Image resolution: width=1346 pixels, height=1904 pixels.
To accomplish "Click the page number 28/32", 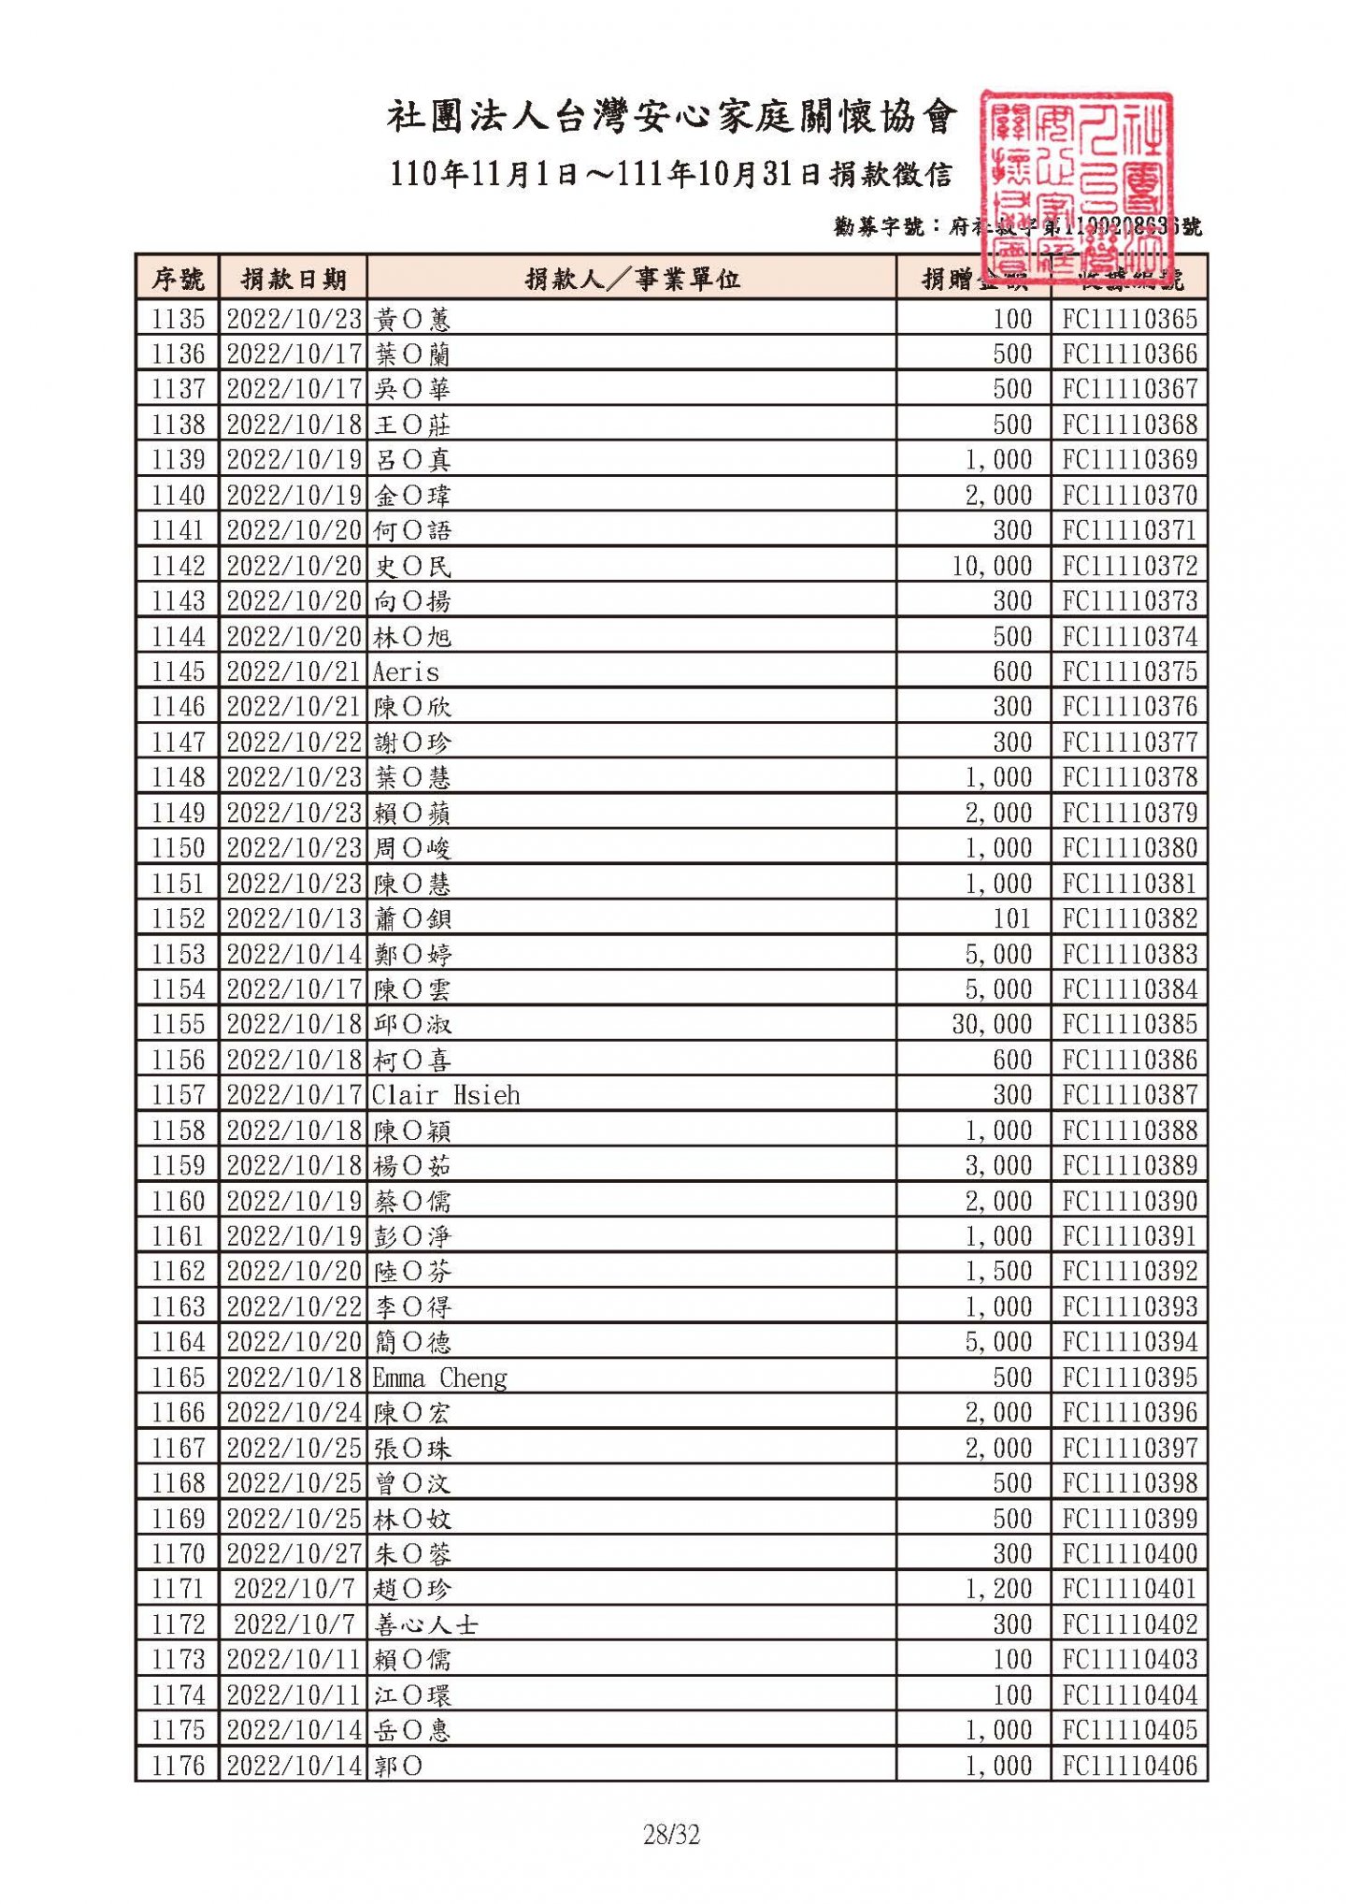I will click(x=671, y=1835).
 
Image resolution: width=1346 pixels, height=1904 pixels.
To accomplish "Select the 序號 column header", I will click(x=178, y=279).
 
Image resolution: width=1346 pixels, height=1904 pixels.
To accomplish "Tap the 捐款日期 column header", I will click(x=294, y=279).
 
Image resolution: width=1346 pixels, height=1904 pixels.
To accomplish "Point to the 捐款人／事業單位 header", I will click(x=632, y=279).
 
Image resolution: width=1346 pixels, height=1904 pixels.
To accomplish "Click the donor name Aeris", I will click(x=406, y=672).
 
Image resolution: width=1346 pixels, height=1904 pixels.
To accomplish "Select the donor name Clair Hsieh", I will click(x=446, y=1095).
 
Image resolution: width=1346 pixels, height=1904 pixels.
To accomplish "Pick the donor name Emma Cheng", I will click(x=439, y=1378).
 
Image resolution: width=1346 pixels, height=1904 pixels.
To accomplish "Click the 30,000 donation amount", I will click(x=992, y=1025).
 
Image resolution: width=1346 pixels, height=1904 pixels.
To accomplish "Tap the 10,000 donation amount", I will click(x=992, y=567).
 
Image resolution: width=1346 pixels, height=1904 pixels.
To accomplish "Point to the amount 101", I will click(x=1012, y=919).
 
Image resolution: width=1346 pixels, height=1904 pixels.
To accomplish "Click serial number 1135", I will click(x=178, y=320).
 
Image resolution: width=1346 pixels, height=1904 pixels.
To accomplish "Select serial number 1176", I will click(x=178, y=1766).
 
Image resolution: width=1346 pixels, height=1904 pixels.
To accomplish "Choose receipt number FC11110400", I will click(x=1129, y=1554).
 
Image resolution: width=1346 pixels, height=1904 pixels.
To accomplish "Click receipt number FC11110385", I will click(x=1129, y=1025).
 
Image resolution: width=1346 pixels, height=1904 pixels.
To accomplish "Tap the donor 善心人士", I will click(x=426, y=1625).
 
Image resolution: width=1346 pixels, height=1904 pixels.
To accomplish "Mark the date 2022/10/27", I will click(x=294, y=1554).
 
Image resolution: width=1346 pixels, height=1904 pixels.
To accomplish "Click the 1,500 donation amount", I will click(x=998, y=1272).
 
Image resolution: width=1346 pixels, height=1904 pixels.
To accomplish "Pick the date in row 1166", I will click(x=294, y=1413).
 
